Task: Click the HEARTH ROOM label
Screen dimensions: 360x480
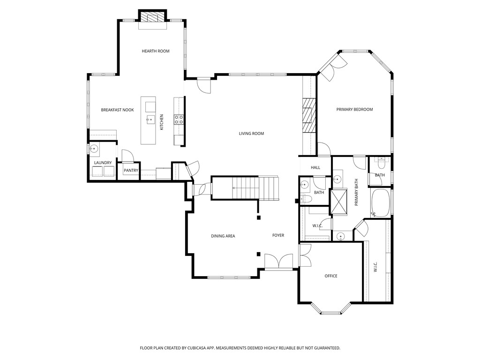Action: click(156, 51)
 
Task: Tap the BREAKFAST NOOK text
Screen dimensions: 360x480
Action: click(117, 110)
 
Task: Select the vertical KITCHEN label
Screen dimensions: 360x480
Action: click(162, 122)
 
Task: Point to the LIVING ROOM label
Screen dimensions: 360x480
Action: click(251, 134)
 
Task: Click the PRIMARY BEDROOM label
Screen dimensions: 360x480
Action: click(354, 109)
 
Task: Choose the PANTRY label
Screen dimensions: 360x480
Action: click(131, 170)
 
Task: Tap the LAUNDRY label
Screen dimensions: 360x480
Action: click(103, 163)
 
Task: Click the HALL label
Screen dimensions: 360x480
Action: click(315, 167)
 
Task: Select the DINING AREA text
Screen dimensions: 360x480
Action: click(223, 236)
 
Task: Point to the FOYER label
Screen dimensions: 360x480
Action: click(278, 235)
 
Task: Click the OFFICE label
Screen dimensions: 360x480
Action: click(331, 276)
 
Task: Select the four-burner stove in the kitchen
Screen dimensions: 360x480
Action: click(179, 119)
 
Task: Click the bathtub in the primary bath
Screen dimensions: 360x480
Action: click(380, 202)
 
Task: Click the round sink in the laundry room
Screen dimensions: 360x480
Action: click(93, 150)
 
